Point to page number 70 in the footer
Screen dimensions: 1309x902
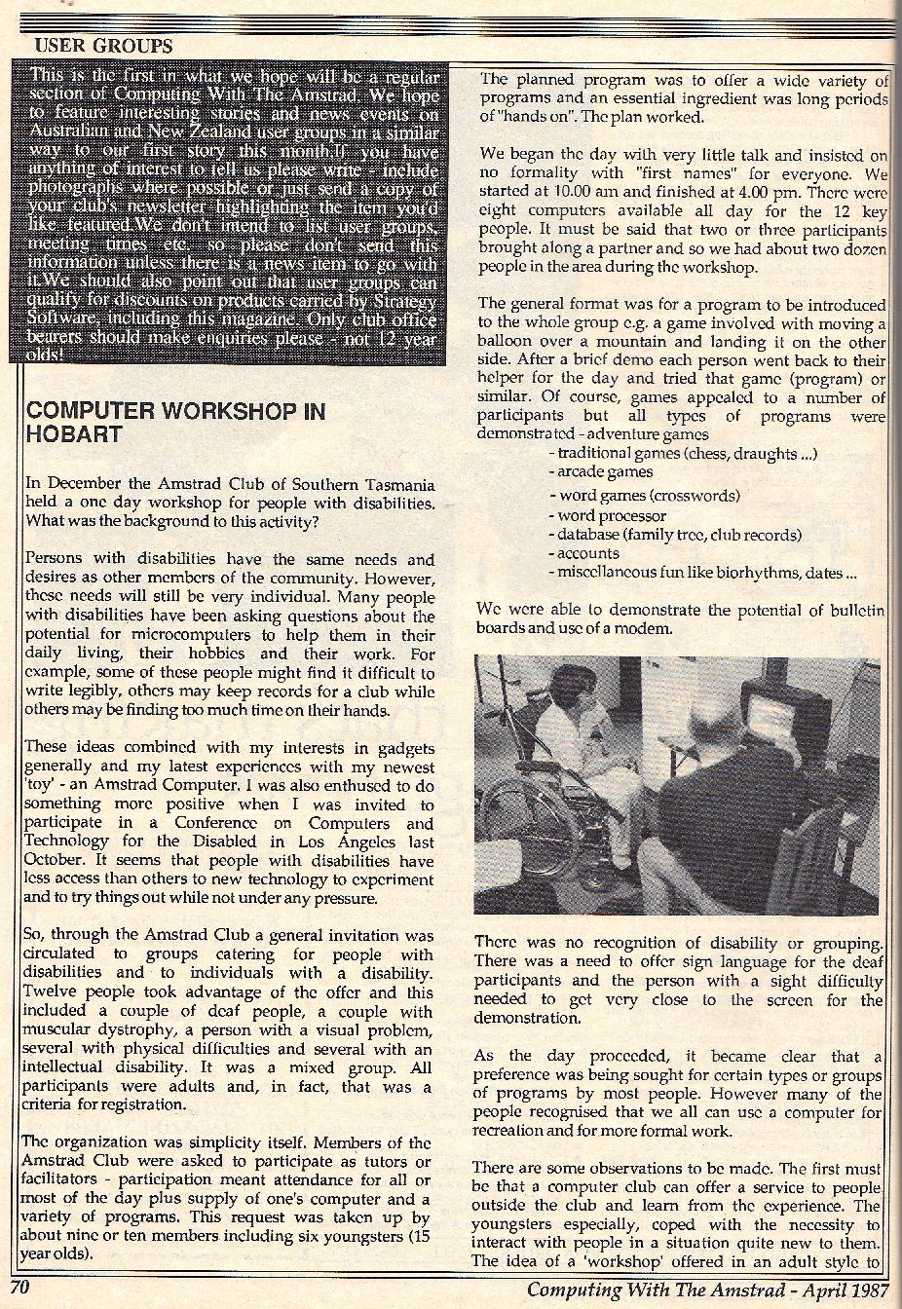21,1289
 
